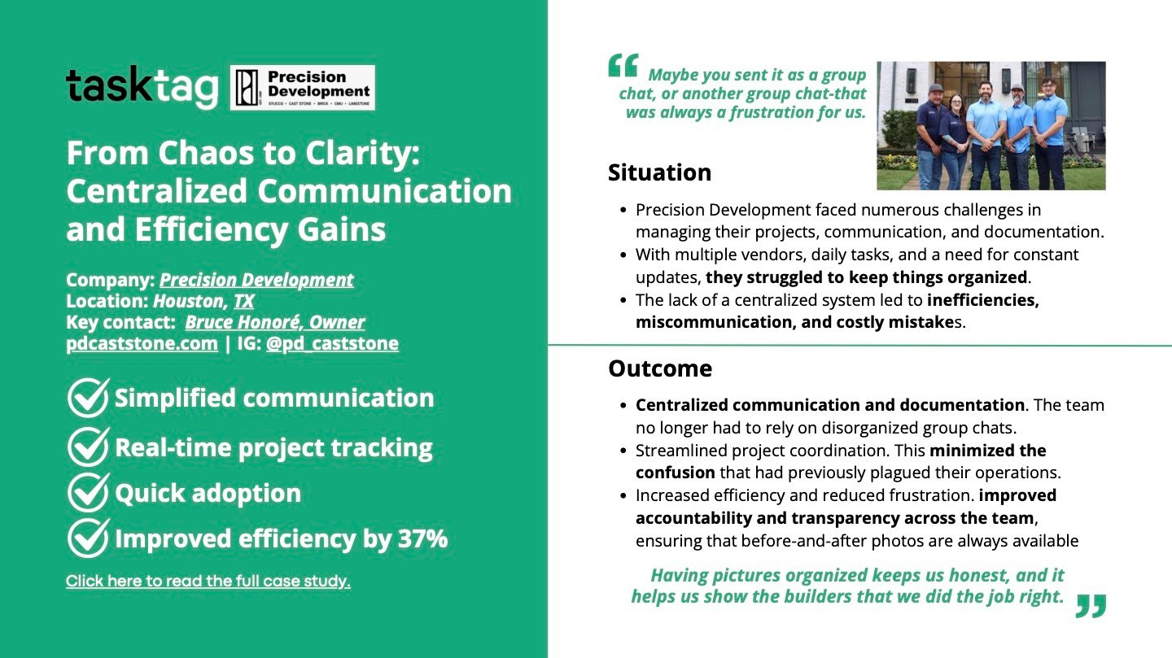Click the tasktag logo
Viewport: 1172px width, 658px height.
pyautogui.click(x=142, y=87)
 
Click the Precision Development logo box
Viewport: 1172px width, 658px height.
pyautogui.click(x=303, y=87)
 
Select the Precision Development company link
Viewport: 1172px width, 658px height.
pyautogui.click(x=256, y=280)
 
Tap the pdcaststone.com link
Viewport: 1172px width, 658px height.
pyautogui.click(x=142, y=343)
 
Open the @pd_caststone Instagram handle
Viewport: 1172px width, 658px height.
pyautogui.click(x=332, y=343)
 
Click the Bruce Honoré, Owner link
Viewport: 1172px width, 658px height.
pyautogui.click(x=275, y=322)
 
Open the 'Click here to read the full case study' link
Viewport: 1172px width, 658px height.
pyautogui.click(x=208, y=581)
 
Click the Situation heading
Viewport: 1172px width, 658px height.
pyautogui.click(x=659, y=172)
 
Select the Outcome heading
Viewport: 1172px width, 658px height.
pyautogui.click(x=660, y=368)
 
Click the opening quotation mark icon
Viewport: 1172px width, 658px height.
pyautogui.click(x=623, y=66)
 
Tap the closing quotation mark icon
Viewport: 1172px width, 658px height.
pyautogui.click(x=1091, y=606)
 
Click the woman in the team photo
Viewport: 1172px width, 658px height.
pyautogui.click(x=954, y=142)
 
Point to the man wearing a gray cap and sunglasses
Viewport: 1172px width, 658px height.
pyautogui.click(x=1017, y=136)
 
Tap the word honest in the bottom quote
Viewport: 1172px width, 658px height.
pyautogui.click(x=978, y=575)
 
